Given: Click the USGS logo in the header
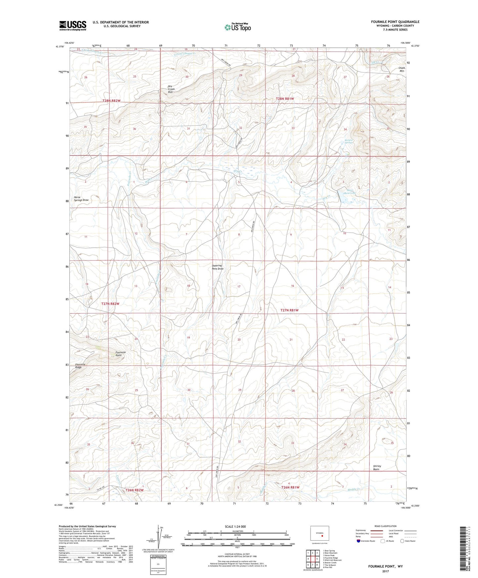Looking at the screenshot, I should (x=72, y=25).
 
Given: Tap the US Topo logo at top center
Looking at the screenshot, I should (x=237, y=27).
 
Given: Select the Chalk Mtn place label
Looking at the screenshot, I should (x=402, y=70).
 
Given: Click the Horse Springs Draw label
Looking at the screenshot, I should (x=81, y=199).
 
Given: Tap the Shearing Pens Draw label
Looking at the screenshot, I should (x=218, y=267).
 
